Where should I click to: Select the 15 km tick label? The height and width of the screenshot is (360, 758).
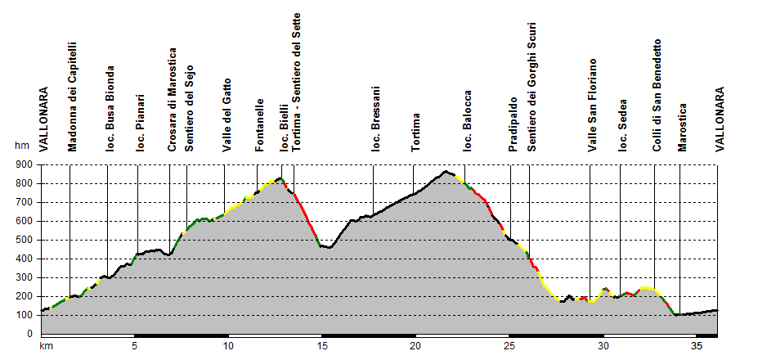tap(322, 346)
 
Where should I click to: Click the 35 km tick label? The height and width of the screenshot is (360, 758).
tap(697, 346)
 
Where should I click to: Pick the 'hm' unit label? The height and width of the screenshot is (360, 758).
tap(21, 146)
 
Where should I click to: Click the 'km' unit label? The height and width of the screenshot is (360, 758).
tap(47, 346)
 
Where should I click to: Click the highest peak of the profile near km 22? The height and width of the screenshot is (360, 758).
tap(446, 171)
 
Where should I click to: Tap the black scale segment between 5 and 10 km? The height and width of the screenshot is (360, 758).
tap(181, 335)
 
